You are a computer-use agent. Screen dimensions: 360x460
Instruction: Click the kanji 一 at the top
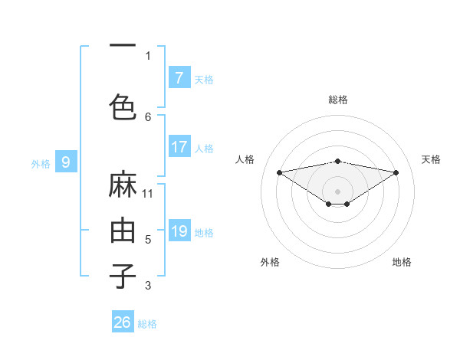click(123, 45)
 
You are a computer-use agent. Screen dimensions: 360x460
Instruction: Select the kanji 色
click(123, 105)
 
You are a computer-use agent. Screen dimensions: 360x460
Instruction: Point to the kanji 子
click(123, 276)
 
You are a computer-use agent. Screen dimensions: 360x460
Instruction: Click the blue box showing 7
click(179, 78)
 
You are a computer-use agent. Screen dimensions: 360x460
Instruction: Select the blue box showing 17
click(179, 147)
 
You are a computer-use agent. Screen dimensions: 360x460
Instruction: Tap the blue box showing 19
click(179, 231)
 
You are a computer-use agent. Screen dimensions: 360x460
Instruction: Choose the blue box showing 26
click(122, 322)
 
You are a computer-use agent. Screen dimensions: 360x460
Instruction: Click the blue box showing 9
click(66, 162)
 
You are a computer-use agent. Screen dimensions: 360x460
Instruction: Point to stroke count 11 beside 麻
click(148, 193)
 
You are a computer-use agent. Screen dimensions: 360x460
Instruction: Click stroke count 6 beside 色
click(148, 116)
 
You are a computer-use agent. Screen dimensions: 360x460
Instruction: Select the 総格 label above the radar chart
click(338, 100)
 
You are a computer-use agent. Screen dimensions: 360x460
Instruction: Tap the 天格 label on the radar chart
click(431, 159)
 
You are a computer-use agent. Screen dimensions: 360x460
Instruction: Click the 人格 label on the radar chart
click(245, 159)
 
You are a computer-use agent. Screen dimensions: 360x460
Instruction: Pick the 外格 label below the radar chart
click(270, 262)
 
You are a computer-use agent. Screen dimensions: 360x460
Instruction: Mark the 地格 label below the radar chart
click(402, 262)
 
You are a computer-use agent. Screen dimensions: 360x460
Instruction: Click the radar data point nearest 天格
click(396, 172)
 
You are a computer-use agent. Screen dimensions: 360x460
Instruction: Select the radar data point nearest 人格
click(279, 172)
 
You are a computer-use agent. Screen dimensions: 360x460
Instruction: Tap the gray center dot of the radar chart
click(337, 191)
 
